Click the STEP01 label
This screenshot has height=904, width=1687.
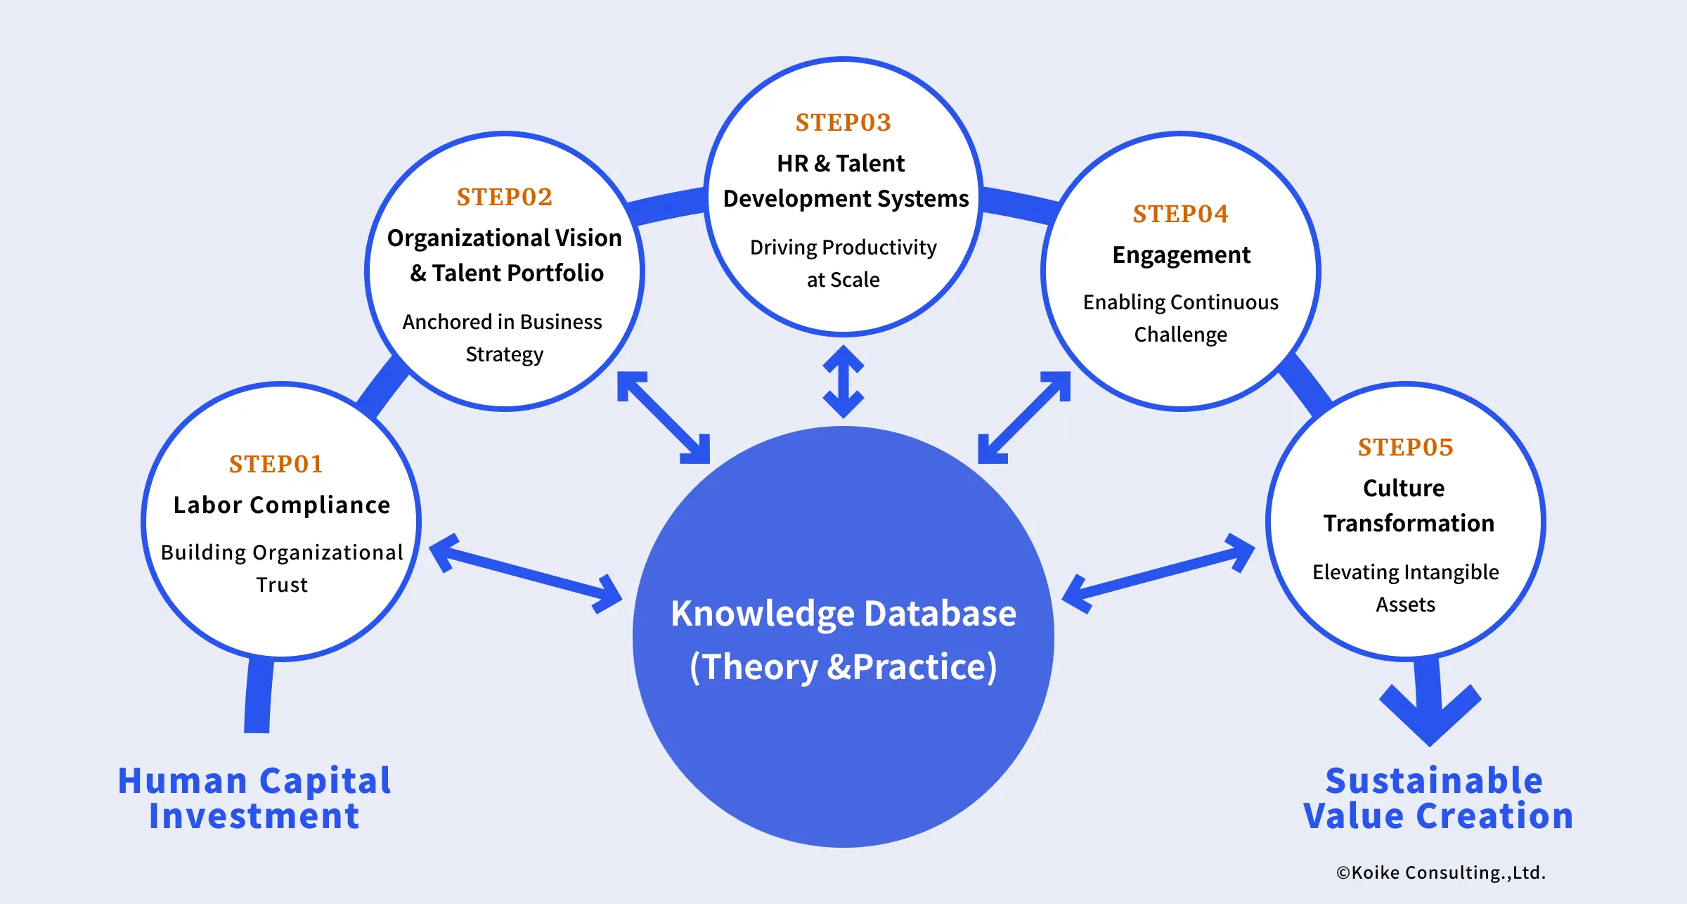(x=276, y=464)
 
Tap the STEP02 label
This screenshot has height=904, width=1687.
(x=505, y=197)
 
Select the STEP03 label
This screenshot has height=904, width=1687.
(x=843, y=122)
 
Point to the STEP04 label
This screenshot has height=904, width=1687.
(x=1181, y=214)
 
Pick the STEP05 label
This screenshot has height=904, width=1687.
(x=1406, y=447)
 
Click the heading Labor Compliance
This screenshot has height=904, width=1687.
(x=281, y=505)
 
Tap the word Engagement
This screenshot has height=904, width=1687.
(x=1181, y=254)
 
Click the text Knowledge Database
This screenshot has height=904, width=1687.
(x=843, y=613)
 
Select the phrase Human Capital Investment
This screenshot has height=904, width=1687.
(x=254, y=798)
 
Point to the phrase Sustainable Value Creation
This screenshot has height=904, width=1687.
(x=1437, y=798)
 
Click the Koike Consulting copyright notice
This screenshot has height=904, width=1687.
(x=1441, y=872)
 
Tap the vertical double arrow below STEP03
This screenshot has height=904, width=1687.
(x=843, y=381)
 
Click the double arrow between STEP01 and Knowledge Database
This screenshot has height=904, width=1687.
(x=525, y=573)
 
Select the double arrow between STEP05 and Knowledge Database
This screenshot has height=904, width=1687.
(x=1158, y=573)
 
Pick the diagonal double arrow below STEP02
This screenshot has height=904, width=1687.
(x=664, y=418)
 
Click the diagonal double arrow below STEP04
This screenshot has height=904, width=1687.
(x=1024, y=418)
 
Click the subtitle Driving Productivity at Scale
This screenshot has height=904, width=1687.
(x=843, y=263)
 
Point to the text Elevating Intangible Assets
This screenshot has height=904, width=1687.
(x=1406, y=588)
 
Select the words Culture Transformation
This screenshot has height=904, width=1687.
(x=1406, y=505)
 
